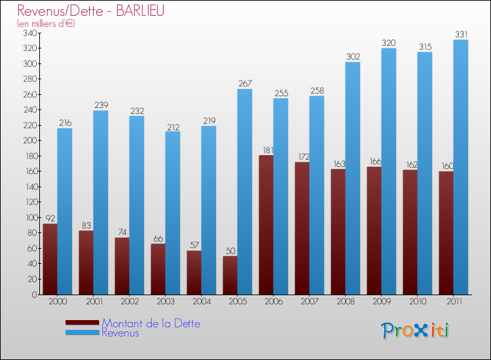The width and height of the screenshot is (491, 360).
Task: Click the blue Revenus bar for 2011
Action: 461,167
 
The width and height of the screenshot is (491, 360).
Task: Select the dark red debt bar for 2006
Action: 266,225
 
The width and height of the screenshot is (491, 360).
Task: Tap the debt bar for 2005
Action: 230,275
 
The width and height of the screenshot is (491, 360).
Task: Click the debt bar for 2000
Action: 50,259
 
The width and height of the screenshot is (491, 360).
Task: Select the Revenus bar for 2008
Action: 353,178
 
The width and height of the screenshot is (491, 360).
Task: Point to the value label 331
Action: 461,34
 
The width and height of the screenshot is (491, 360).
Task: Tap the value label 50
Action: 230,251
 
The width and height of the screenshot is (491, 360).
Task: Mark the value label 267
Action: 245,83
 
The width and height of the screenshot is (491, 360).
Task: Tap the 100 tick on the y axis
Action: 30,217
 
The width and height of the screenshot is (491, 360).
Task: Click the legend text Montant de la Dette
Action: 151,323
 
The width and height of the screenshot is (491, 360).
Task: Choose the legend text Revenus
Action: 120,333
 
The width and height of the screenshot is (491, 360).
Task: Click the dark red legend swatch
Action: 82,323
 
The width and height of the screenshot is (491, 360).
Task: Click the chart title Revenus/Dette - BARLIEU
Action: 90,11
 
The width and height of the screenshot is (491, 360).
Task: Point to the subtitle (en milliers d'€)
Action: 46,24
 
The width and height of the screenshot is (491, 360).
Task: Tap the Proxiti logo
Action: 416,331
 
